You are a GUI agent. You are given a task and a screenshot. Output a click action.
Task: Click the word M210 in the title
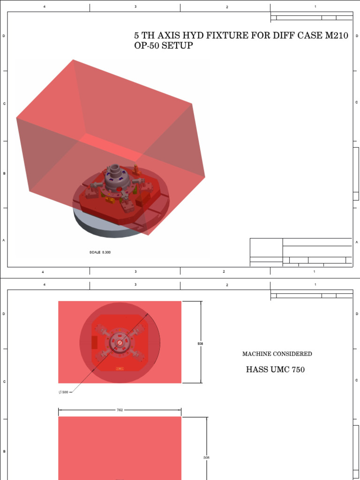click(337, 36)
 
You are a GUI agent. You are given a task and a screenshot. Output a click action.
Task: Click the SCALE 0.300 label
click(100, 252)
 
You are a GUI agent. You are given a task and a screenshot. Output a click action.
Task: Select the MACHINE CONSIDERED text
click(277, 354)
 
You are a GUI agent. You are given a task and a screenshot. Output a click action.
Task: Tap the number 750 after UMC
click(298, 369)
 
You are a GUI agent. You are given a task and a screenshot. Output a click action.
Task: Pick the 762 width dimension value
click(120, 410)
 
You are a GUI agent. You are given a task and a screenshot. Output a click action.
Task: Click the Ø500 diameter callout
click(63, 392)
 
